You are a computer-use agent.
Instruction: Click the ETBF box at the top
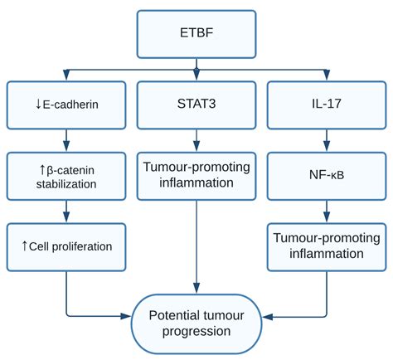click(x=196, y=34)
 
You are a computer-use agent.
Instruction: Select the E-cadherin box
click(x=66, y=105)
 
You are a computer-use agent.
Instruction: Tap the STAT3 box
click(x=196, y=105)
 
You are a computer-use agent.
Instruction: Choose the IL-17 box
click(x=327, y=105)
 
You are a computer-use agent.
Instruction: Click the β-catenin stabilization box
click(x=66, y=176)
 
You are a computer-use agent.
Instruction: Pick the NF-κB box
click(x=327, y=176)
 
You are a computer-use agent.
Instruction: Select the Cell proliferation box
click(x=66, y=247)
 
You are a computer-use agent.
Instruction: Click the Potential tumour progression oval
click(x=196, y=324)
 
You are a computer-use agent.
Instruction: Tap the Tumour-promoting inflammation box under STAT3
click(x=196, y=176)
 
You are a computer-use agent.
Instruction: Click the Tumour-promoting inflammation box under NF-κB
click(x=327, y=247)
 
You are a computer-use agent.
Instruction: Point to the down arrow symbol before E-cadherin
click(x=38, y=105)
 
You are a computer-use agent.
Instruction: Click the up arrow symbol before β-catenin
click(x=42, y=170)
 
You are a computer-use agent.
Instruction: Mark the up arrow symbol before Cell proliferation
click(x=24, y=246)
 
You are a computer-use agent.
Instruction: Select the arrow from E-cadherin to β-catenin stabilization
click(x=66, y=140)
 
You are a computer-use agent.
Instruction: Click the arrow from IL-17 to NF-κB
click(x=327, y=140)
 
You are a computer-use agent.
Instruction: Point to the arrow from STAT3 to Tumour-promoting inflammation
click(x=196, y=140)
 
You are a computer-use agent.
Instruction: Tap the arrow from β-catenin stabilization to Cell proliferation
click(x=66, y=212)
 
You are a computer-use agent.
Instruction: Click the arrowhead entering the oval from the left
click(x=126, y=316)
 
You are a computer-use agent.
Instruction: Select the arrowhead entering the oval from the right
click(x=267, y=317)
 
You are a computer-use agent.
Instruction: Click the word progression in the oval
click(x=196, y=332)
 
